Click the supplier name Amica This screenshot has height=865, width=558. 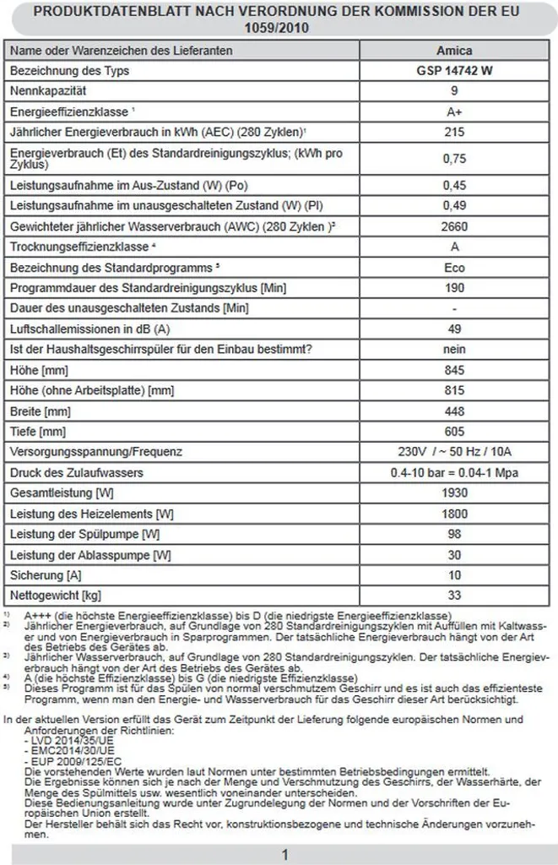point(455,51)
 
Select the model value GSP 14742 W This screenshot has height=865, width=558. point(455,71)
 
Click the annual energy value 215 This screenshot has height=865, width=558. point(455,132)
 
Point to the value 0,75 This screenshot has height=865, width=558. point(455,157)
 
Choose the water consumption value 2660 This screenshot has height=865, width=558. point(455,226)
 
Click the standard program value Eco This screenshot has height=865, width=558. point(455,267)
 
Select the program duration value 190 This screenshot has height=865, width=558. point(455,287)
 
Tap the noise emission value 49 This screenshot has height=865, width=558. point(455,329)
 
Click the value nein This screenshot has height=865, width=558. point(455,349)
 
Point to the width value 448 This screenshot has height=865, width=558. point(455,411)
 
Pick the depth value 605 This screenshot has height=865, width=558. point(455,431)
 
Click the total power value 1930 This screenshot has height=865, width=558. point(455,492)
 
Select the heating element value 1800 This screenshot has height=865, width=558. point(455,513)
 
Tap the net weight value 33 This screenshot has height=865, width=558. point(455,595)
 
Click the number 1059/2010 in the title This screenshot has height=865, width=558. point(279,27)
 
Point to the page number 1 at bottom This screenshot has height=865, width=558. point(284,855)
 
